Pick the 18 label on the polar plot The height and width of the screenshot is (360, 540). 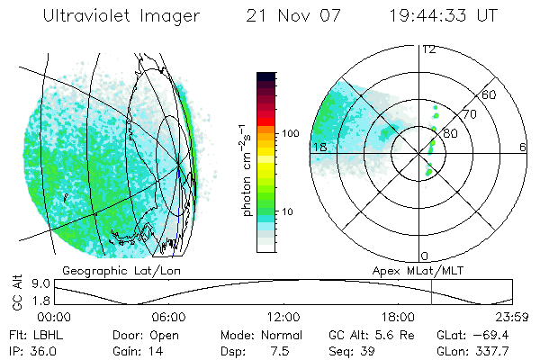tap(319, 146)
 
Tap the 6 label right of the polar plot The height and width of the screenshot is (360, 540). tap(523, 147)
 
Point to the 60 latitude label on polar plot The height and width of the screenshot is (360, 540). tap(490, 94)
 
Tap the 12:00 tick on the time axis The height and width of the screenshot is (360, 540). tap(283, 316)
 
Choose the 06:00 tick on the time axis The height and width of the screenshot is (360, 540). tap(168, 316)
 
